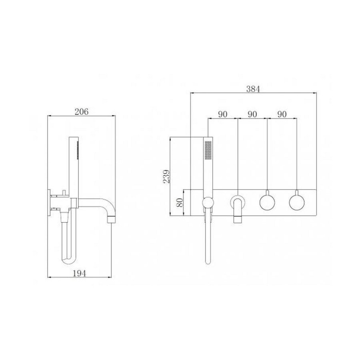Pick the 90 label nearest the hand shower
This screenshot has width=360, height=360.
coord(223,114)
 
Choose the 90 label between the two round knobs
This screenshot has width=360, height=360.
coord(282,114)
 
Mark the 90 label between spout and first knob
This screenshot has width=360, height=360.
coord(252,114)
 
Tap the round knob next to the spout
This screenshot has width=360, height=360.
coord(267,202)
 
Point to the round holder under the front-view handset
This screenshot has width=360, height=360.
coord(208,203)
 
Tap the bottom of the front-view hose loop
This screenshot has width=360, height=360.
coord(207,262)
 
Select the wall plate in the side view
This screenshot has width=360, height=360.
coord(50,202)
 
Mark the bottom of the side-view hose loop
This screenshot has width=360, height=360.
coord(68,262)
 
